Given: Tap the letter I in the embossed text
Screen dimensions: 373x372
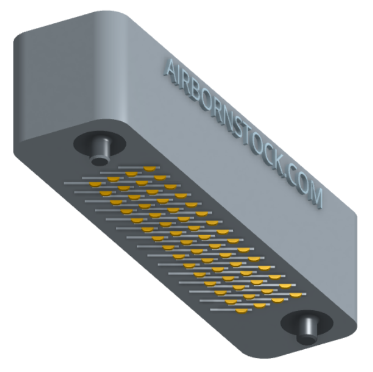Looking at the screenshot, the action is (180, 77).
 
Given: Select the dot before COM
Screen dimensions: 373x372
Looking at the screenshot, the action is (285, 176).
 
